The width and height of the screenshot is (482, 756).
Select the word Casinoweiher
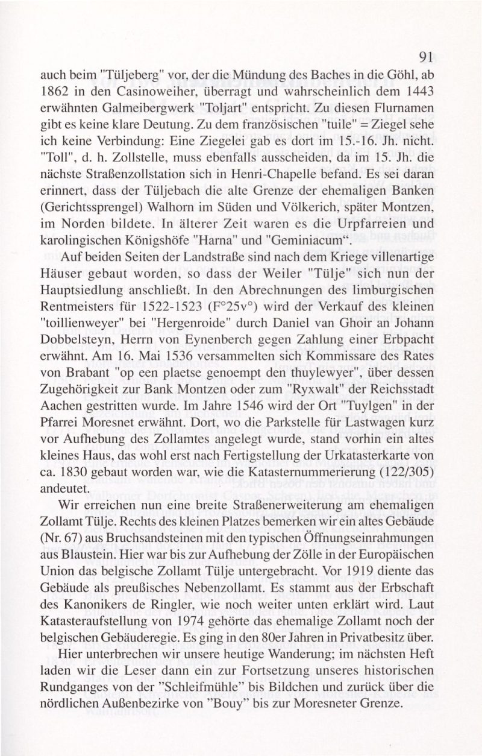[138, 95]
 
